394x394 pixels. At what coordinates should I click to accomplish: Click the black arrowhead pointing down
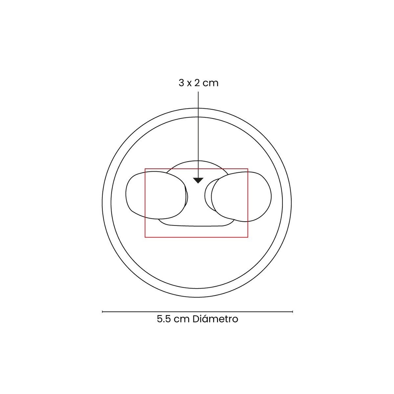coord(198,180)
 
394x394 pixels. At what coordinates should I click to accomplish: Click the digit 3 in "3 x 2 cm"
coord(182,83)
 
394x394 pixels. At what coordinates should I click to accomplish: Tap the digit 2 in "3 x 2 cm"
coord(197,83)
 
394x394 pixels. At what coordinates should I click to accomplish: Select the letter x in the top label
coord(189,83)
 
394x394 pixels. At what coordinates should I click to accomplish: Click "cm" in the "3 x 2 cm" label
coord(210,83)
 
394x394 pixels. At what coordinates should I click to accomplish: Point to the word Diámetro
coord(215,319)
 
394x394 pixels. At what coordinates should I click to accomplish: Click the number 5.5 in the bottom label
coord(164,319)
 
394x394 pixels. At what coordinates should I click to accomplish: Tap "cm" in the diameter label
coord(182,320)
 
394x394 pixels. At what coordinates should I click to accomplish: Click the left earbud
coord(156,195)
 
